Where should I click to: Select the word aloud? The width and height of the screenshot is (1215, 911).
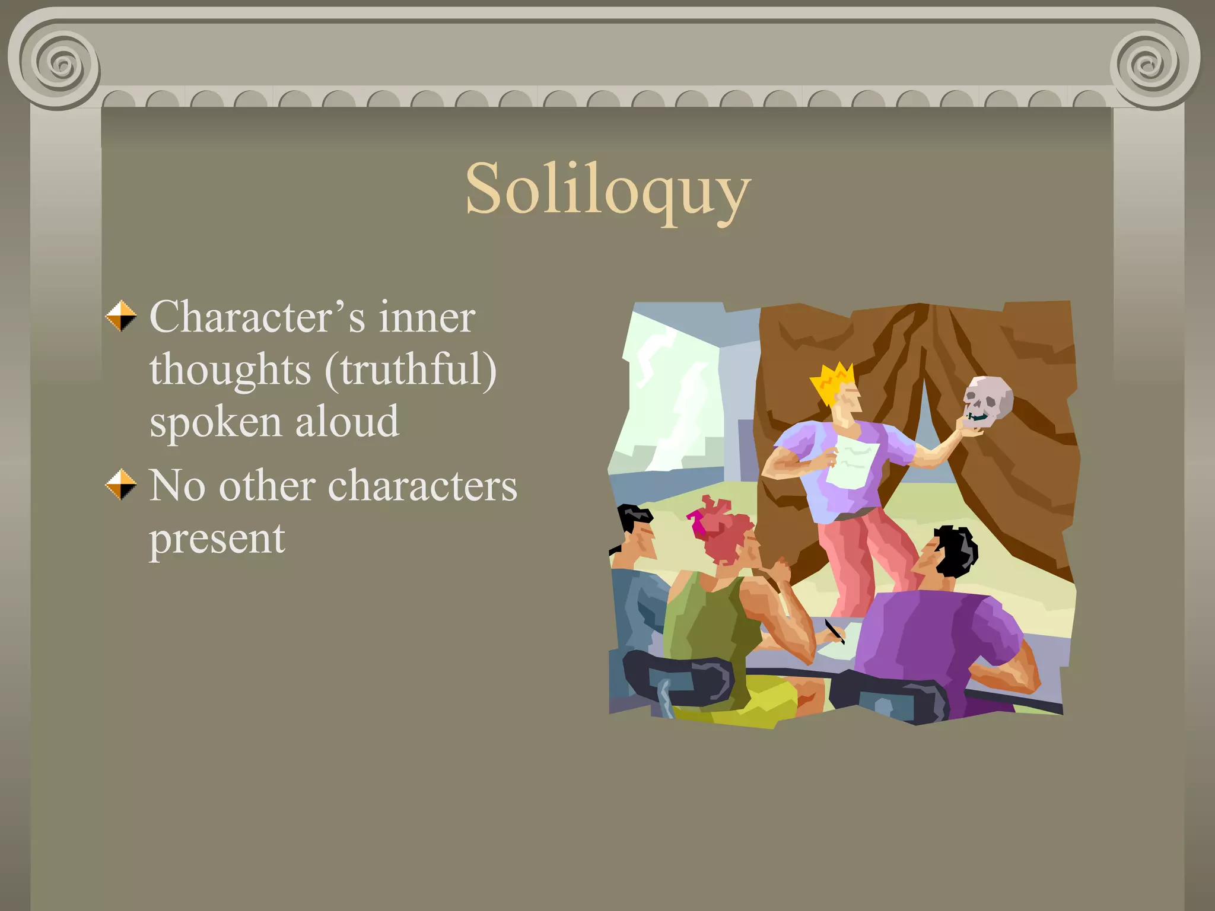pos(347,422)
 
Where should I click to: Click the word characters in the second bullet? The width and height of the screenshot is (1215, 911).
pos(422,486)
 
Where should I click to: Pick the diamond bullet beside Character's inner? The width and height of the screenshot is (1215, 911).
pos(121,316)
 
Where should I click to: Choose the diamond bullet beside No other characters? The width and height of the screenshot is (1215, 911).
pos(121,485)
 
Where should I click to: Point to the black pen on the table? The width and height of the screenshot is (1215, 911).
pos(834,631)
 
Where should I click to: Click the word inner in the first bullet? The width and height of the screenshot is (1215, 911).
pos(427,317)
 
